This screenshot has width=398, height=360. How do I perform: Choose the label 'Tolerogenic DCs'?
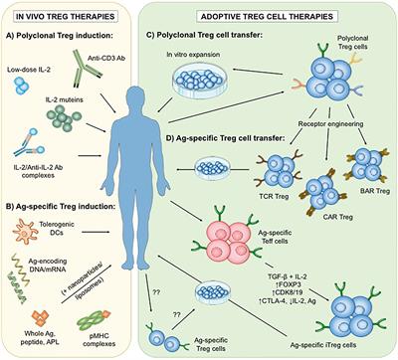(82, 224)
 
